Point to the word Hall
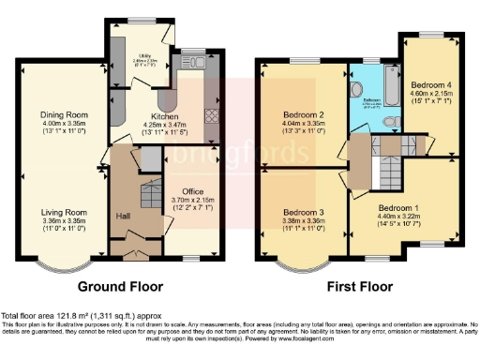click(x=123, y=217)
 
